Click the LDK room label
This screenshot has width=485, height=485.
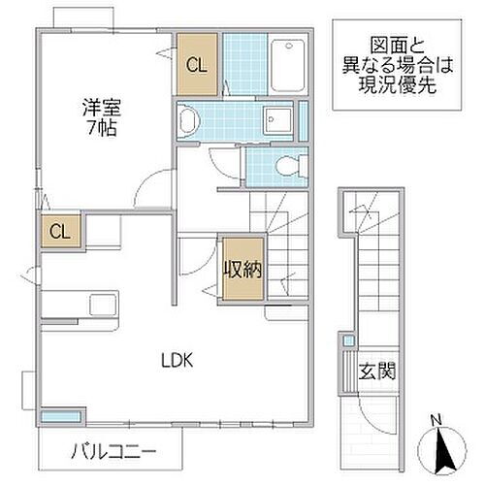pos(178,360)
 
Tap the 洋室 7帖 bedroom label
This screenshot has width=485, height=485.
pos(94,116)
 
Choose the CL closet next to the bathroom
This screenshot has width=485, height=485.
pos(197,65)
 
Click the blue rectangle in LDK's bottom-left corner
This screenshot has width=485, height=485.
pos(57,416)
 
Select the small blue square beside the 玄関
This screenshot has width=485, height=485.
pos(348,341)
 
